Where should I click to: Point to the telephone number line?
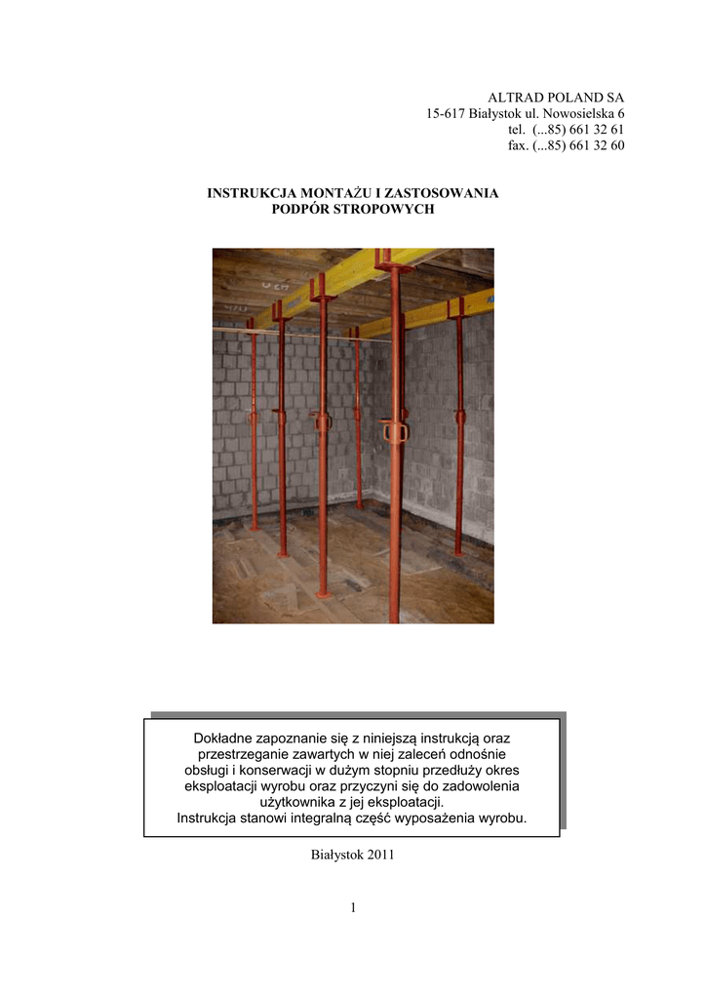(x=566, y=130)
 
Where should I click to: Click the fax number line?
(x=566, y=145)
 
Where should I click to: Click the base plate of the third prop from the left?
(x=323, y=593)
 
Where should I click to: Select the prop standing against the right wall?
(x=459, y=429)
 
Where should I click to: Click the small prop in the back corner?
(x=357, y=420)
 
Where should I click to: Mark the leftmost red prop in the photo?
(x=253, y=429)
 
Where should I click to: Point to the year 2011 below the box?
(x=380, y=856)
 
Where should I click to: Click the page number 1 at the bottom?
(x=353, y=909)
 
